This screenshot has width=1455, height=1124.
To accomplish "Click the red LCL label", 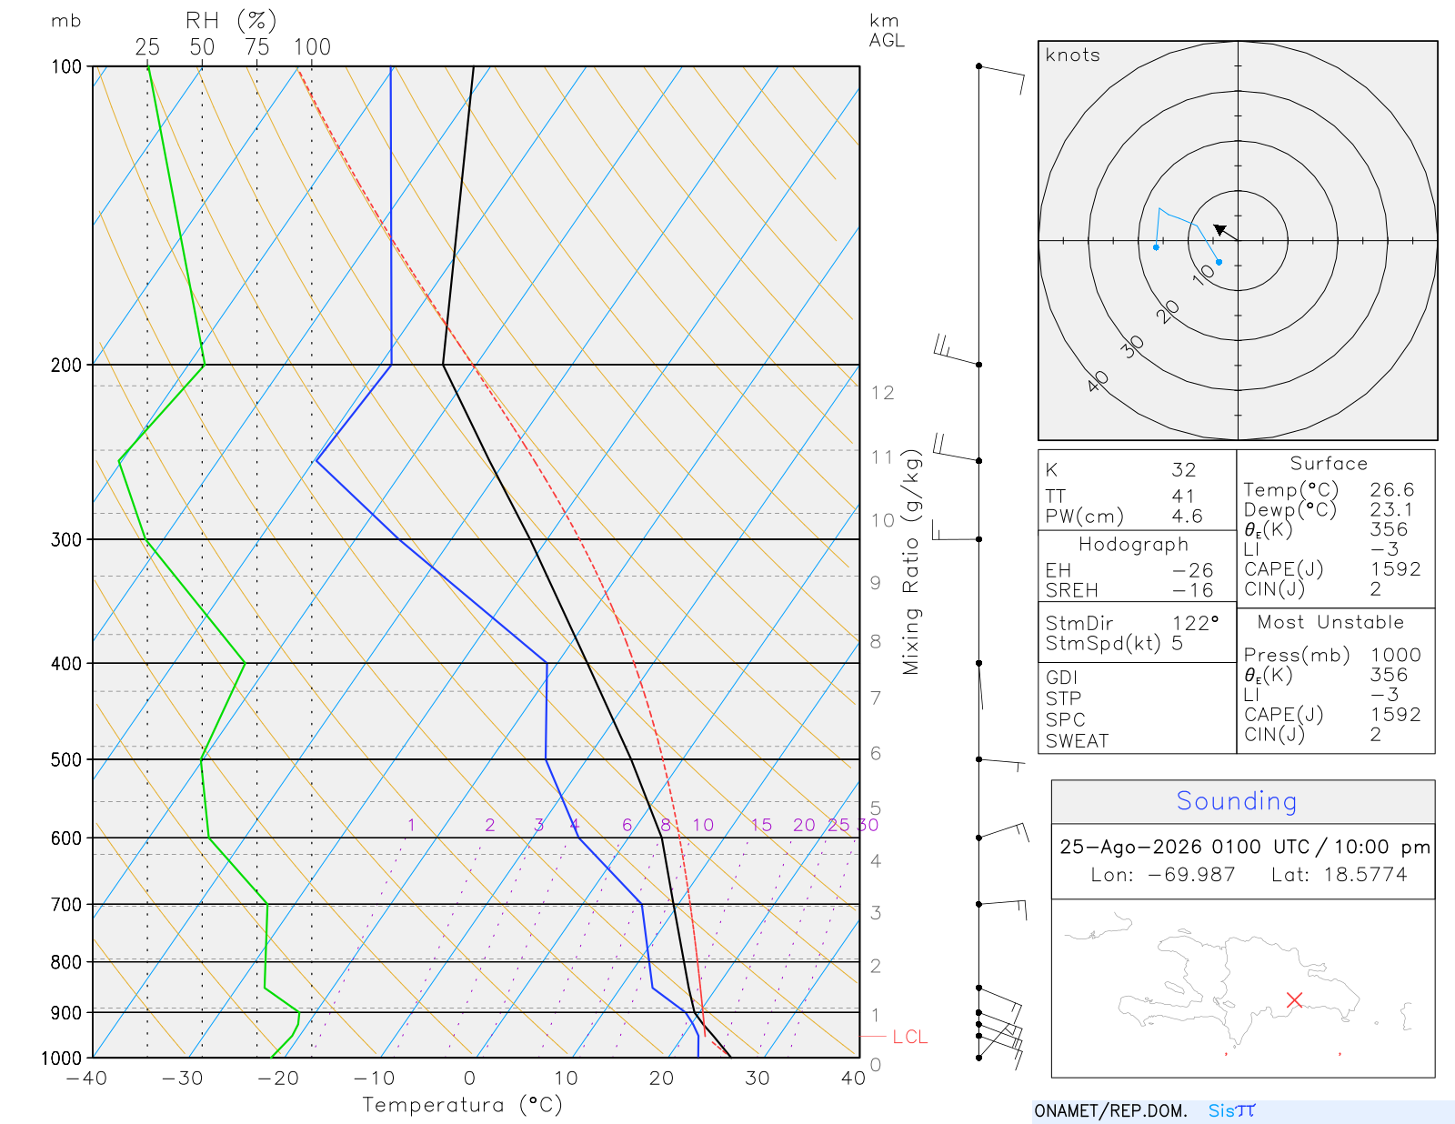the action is (909, 1037).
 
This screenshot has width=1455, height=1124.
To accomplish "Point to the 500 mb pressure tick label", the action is (66, 760).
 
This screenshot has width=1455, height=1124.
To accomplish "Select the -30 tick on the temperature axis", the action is (182, 1079).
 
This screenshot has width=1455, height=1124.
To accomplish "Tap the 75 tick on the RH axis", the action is (256, 47).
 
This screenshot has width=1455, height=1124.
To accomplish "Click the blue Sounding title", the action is (1236, 801).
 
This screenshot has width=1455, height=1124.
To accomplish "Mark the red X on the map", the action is (1294, 1000).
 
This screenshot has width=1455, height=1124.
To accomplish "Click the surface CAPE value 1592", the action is (1395, 569).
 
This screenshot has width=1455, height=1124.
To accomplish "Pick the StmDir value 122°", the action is (1195, 623).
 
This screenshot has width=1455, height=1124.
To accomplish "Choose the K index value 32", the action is (1184, 470).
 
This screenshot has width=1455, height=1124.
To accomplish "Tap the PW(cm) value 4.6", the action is (1187, 517).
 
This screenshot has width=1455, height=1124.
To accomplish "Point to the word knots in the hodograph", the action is (1072, 55).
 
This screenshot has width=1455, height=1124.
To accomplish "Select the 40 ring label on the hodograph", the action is (1098, 382).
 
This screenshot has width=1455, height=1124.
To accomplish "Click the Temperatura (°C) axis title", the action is (462, 1105).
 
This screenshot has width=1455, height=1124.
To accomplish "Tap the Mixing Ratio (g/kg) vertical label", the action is (911, 562).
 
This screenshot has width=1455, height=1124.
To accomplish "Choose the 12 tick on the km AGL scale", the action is (882, 393).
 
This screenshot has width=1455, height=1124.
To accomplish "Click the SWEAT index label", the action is (1077, 741).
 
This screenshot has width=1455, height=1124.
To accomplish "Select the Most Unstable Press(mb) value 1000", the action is (1395, 655).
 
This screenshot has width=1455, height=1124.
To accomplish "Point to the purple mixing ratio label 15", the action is (761, 825).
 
